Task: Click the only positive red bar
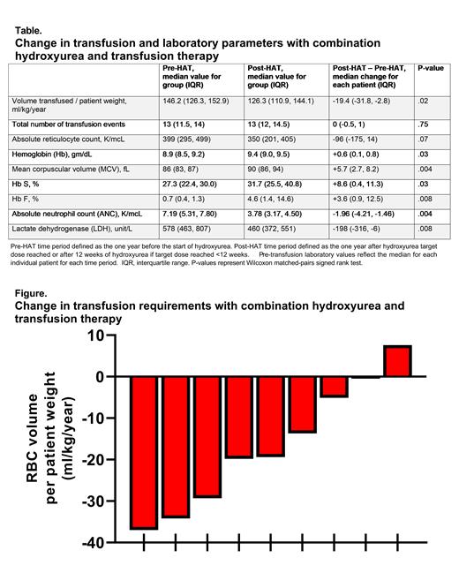point(397,361)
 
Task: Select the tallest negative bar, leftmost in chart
point(144,452)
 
